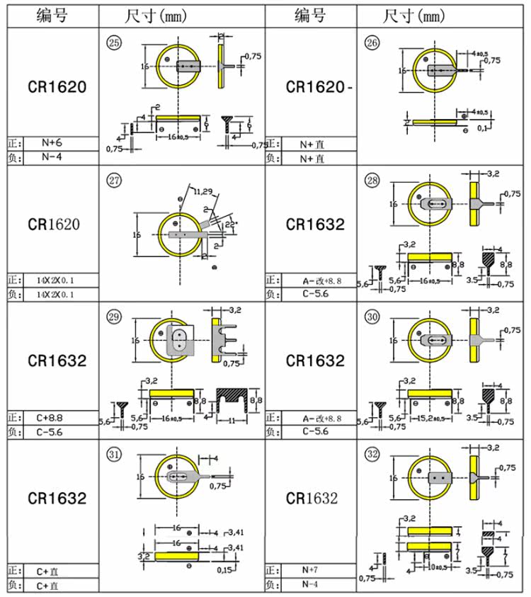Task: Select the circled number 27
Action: pyautogui.click(x=113, y=180)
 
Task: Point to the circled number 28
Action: pyautogui.click(x=372, y=180)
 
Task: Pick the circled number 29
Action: pyautogui.click(x=113, y=316)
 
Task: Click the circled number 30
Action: pyautogui.click(x=372, y=316)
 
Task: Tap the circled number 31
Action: pyautogui.click(x=113, y=453)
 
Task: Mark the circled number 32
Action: pyautogui.click(x=372, y=453)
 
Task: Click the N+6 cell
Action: pyautogui.click(x=54, y=143)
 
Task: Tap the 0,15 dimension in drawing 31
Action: pyautogui.click(x=226, y=570)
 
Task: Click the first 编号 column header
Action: pyautogui.click(x=52, y=15)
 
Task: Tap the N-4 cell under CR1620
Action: pyautogui.click(x=52, y=157)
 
